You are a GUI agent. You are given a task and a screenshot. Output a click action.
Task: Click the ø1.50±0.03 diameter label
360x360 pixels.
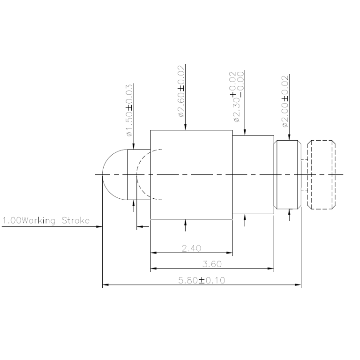coord(130,111)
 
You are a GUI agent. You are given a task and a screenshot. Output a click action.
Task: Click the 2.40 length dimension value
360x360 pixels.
coord(191,248)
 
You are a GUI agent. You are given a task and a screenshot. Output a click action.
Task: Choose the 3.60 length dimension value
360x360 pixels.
coord(211,264)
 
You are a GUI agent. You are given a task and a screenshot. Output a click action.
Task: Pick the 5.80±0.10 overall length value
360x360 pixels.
coord(202,280)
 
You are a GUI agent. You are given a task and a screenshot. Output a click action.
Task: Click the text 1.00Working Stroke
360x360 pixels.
coord(45,220)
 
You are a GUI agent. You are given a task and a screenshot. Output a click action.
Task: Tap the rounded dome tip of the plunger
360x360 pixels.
coord(112,174)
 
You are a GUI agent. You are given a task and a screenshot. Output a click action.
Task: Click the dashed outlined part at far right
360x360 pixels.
coord(321,174)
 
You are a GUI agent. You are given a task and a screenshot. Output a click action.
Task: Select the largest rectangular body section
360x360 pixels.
coord(191,174)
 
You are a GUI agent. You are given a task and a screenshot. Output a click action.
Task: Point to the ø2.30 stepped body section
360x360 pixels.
coord(253,174)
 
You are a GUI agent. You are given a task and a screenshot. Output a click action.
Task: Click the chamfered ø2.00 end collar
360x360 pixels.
coord(287,174)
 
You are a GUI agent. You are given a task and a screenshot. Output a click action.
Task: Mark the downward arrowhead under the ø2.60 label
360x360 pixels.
coord(186,127)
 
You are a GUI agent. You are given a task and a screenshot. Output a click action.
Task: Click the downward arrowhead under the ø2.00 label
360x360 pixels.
coord(289,137)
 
